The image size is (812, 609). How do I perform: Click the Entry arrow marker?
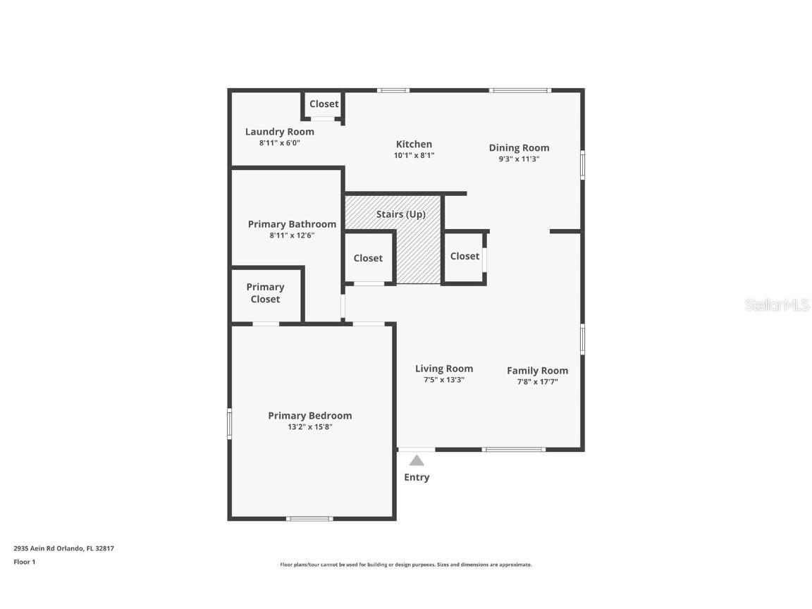417,460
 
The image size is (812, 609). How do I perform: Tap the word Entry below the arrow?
417,477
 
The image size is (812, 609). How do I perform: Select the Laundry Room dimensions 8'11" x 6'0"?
279,143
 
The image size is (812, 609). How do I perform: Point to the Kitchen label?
414,144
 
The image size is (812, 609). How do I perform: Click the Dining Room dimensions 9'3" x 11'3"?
519,159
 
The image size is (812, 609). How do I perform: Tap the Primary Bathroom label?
292,224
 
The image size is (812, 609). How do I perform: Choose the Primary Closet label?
265,293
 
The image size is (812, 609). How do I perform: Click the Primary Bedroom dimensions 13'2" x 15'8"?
309,426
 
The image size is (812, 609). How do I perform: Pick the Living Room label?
443,369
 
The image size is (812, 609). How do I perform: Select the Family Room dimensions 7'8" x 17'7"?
537,382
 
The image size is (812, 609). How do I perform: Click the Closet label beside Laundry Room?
324,104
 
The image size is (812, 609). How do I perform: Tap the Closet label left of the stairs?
368,258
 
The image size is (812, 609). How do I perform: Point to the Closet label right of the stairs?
465,256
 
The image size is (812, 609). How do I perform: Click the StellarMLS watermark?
777,305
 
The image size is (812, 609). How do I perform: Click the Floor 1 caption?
24,562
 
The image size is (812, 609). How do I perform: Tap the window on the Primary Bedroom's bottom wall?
309,519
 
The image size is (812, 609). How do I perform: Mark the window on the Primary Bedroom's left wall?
229,424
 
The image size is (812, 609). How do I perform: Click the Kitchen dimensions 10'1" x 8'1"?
414,156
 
